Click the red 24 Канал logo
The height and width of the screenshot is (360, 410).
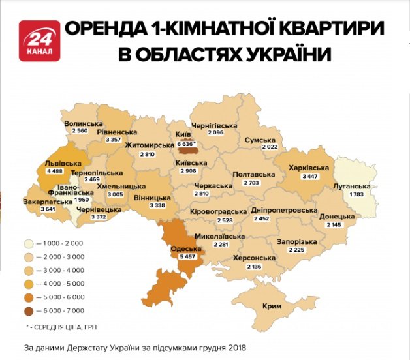coord(40,40)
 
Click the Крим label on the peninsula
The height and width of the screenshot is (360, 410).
coord(272,306)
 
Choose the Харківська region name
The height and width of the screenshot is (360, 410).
coord(308,168)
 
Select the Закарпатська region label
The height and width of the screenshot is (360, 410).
coord(47,202)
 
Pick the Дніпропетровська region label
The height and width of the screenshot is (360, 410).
coord(290,211)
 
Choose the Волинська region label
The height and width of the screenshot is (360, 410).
coord(83,123)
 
